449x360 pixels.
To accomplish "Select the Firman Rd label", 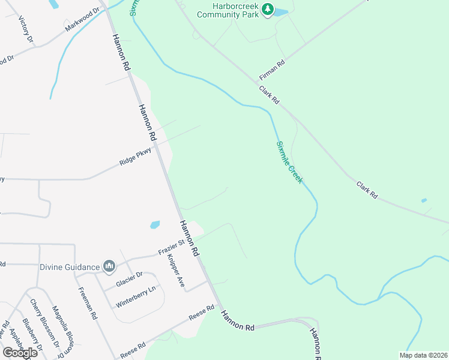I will (271, 70).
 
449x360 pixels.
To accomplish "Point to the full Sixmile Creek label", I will (289, 162).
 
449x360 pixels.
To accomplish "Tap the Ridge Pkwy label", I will (135, 158).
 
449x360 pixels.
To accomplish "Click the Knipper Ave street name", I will (175, 272).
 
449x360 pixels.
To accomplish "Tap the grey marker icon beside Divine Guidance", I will (109, 265).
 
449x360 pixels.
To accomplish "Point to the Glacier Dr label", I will (129, 279).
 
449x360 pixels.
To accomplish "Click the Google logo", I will (20, 352).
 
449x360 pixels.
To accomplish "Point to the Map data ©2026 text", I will (423, 355).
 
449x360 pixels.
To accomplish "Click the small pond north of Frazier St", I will (155, 225).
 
